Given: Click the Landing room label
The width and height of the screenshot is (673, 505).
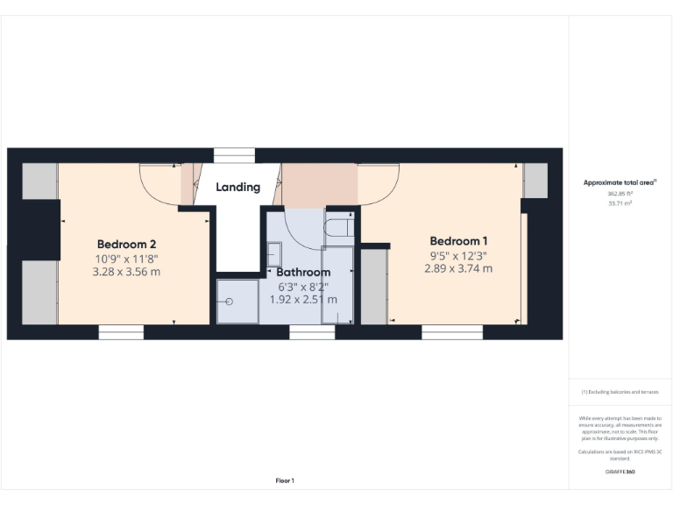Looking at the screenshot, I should [238, 187].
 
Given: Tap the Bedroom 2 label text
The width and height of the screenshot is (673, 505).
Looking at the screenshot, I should [126, 244].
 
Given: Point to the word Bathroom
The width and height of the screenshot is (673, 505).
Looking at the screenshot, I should [304, 273].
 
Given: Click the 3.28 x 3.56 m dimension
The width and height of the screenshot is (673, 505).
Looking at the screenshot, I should [126, 272].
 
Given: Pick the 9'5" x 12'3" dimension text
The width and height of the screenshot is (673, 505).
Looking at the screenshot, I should [458, 255].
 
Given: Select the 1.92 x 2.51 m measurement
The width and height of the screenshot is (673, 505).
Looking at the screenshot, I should [304, 300].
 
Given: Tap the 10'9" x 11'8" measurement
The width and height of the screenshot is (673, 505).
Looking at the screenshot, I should [126, 259].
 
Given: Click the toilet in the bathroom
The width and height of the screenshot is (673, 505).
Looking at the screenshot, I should [337, 229].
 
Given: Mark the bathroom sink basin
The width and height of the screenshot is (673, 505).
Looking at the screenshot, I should [274, 248].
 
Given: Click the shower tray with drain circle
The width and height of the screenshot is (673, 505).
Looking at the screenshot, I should [237, 302].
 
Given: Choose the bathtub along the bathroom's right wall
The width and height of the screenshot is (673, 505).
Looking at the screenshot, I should [337, 285].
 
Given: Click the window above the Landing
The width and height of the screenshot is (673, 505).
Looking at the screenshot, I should [234, 155].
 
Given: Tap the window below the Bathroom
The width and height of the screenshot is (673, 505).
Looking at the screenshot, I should [313, 332].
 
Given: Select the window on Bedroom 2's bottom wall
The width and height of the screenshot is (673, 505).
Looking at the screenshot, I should [121, 332].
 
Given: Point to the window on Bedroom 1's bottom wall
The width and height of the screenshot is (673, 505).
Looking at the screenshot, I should [452, 332].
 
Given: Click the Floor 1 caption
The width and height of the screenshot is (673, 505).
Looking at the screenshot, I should [285, 480].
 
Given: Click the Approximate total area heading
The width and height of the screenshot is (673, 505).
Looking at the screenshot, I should [620, 182].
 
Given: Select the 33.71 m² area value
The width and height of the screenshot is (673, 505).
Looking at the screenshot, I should [620, 203].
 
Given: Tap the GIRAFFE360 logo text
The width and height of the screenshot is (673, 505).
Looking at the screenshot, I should [620, 472].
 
